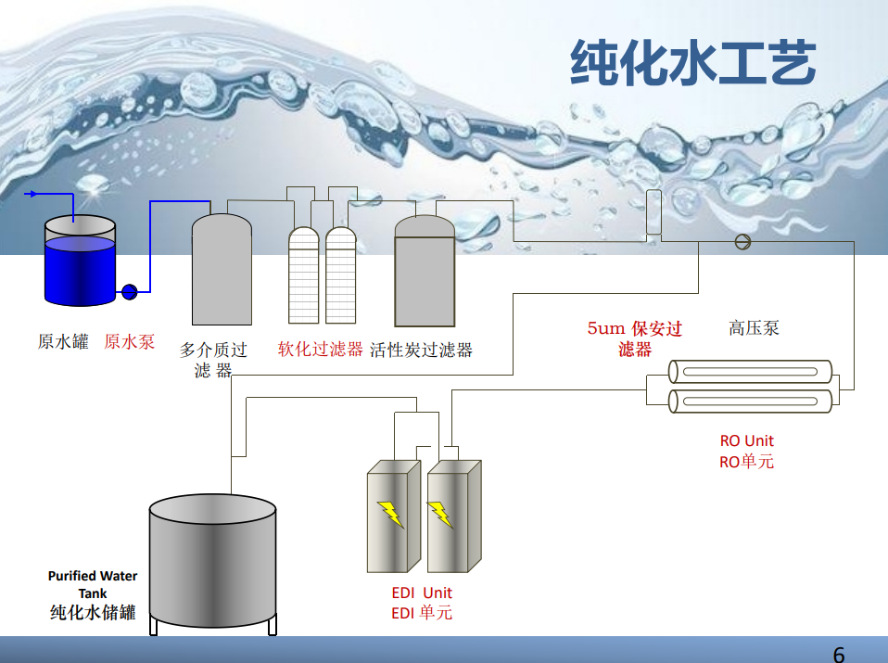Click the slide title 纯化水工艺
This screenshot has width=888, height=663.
tap(692, 63)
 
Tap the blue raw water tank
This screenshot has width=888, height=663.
tap(81, 264)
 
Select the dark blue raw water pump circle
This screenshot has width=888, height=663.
tap(129, 292)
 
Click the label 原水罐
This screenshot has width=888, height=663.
tap(62, 342)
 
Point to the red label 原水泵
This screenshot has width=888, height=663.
tap(129, 342)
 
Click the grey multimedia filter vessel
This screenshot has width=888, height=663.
tap(222, 272)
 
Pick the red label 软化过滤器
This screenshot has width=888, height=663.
tap(320, 350)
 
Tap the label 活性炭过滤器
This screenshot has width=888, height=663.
tap(421, 350)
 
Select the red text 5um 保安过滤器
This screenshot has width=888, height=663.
tap(635, 338)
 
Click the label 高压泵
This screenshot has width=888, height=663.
tap(754, 327)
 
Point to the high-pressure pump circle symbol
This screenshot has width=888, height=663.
tap(742, 242)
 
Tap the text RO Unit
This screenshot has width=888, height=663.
tap(746, 440)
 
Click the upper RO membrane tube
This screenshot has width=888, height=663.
tap(750, 373)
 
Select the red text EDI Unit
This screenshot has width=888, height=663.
tap(422, 593)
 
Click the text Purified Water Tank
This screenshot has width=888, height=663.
tap(93, 584)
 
